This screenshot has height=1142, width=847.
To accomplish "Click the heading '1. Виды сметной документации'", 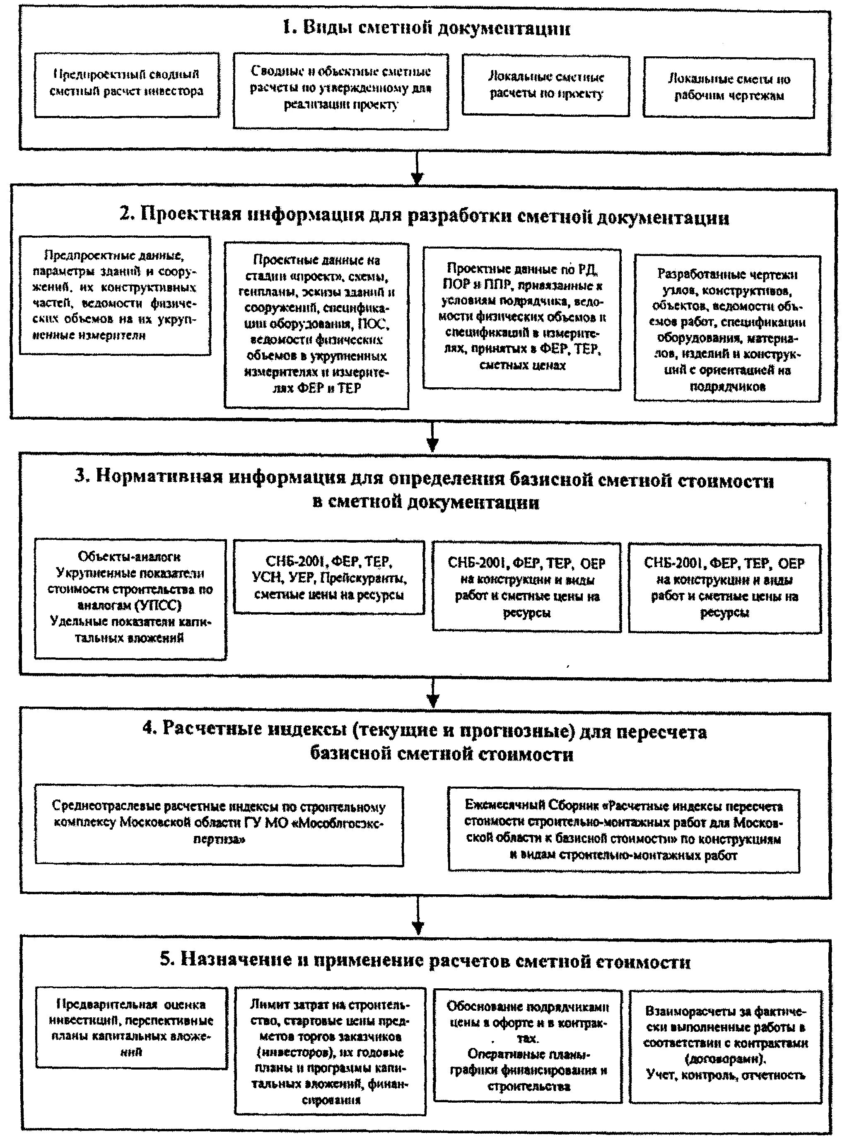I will click(426, 28).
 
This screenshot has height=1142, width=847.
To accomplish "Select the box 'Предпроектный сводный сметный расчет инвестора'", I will click(127, 84).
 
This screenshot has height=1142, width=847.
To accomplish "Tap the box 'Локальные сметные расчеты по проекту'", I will click(545, 86).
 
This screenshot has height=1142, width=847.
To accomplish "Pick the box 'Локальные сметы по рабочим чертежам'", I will click(729, 87).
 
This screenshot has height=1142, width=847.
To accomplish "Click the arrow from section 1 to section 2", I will click(417, 170).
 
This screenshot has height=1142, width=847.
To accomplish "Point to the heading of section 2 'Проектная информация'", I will click(424, 216).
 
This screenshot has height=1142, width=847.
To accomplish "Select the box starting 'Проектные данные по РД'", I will click(521, 318).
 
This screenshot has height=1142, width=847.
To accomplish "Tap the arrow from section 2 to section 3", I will click(433, 437).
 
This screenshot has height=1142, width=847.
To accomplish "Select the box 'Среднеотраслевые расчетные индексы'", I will click(219, 825).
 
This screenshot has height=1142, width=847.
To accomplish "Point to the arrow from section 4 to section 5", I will click(418, 918).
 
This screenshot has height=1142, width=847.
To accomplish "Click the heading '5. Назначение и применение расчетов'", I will click(425, 961).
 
